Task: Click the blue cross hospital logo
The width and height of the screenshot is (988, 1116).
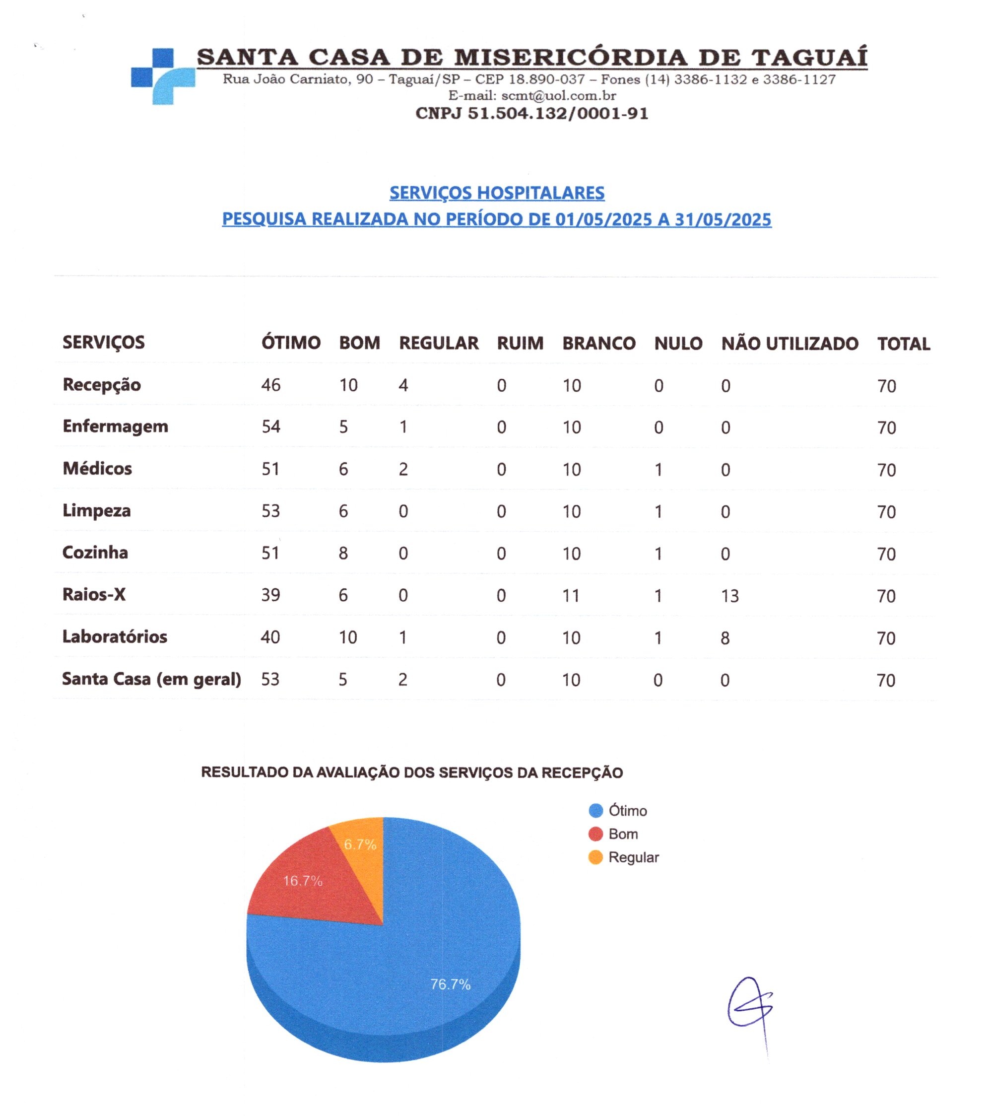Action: (163, 76)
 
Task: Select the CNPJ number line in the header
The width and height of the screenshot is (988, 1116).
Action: (531, 114)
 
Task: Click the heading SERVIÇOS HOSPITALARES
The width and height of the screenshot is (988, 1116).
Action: (497, 193)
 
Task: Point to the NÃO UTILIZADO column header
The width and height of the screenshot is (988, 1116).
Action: (790, 344)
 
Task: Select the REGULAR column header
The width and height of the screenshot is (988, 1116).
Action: (438, 343)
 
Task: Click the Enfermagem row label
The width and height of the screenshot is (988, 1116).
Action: (115, 426)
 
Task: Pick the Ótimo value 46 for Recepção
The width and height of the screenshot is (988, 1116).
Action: (271, 385)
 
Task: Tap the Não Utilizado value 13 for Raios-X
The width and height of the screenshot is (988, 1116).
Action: (730, 596)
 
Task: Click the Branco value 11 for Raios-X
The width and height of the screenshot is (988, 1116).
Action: (571, 596)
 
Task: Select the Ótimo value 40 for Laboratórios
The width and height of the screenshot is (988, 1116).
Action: (270, 637)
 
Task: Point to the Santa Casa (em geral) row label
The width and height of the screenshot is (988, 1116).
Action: (151, 679)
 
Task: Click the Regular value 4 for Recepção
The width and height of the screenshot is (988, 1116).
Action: (403, 385)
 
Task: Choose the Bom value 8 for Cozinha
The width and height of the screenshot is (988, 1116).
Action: (343, 554)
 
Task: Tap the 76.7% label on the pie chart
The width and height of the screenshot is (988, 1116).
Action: (451, 984)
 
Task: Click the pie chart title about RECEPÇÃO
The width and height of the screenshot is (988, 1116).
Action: (411, 772)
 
